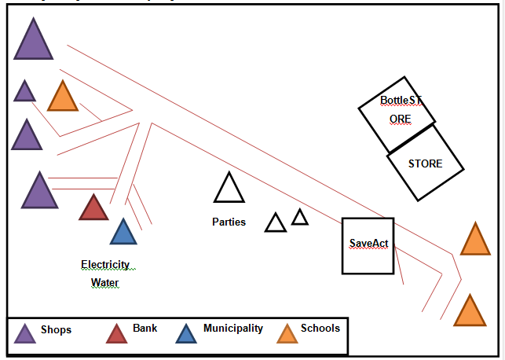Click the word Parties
click(x=229, y=222)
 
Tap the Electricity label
click(x=105, y=265)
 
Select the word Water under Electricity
click(x=105, y=282)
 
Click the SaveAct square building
click(x=368, y=245)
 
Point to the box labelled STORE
click(x=425, y=163)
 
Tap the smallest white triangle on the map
click(x=300, y=218)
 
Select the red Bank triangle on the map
click(x=93, y=209)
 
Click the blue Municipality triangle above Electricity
click(x=123, y=233)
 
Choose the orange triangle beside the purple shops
click(x=62, y=98)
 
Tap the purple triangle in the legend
click(x=24, y=334)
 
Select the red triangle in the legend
click(x=116, y=334)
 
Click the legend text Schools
click(x=320, y=328)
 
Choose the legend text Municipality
click(x=233, y=328)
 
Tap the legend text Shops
click(x=56, y=330)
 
